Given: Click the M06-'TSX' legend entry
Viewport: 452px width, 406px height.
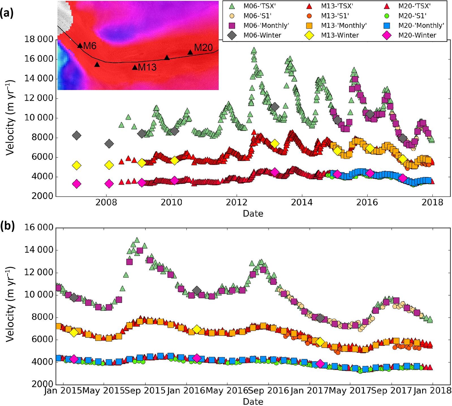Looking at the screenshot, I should click(259, 6).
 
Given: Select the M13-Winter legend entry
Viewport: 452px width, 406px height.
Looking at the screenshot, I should click(340, 35).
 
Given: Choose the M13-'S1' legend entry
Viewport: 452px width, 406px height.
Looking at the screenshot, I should click(335, 16).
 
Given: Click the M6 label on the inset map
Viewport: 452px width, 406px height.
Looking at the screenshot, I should click(90, 46).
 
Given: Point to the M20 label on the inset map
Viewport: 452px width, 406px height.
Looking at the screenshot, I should click(203, 48).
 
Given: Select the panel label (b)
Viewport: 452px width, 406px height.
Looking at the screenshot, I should click(7, 226).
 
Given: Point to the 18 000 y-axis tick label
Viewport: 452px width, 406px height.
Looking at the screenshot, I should click(39, 39).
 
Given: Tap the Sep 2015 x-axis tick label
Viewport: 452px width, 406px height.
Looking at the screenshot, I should click(145, 391).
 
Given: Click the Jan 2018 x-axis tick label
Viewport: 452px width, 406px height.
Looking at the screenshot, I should click(432, 391).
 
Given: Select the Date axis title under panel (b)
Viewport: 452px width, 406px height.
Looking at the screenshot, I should click(253, 401).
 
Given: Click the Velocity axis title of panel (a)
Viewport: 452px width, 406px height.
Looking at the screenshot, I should click(10, 117).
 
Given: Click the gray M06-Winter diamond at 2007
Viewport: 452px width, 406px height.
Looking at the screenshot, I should click(76, 136).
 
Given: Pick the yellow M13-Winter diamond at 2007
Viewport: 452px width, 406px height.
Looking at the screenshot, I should click(76, 166).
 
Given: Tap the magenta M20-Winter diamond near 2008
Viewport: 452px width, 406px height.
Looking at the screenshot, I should click(109, 184).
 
